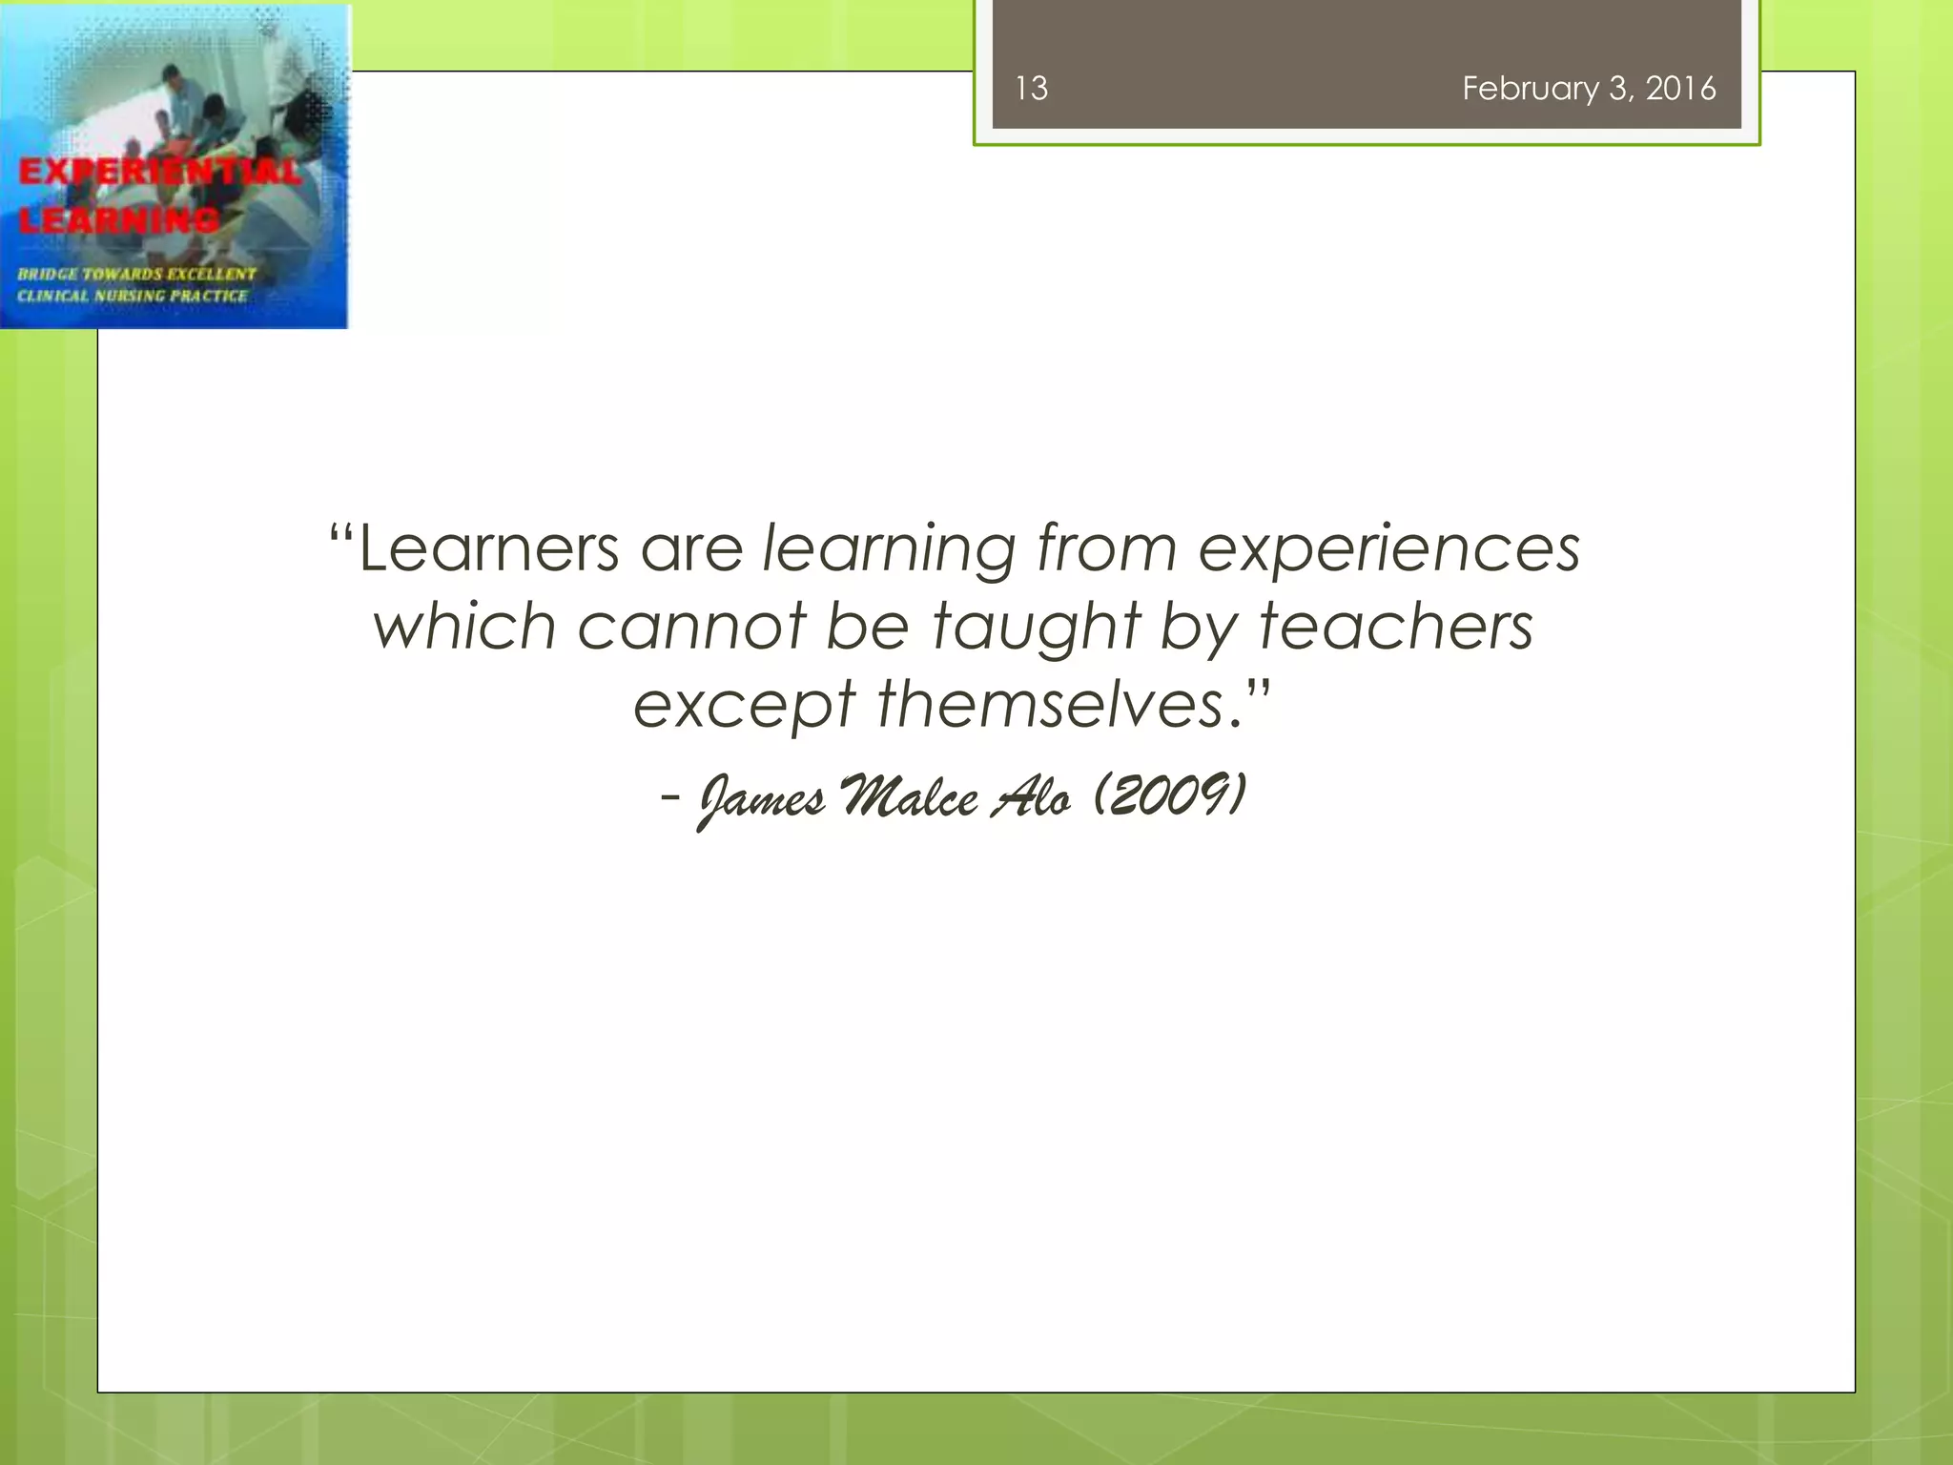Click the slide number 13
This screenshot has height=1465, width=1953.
coord(1031,89)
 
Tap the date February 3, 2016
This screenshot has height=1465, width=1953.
coord(1589,89)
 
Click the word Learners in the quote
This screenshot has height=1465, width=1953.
coord(488,549)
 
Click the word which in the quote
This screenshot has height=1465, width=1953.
coord(464,628)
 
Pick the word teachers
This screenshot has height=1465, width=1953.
coord(1396,628)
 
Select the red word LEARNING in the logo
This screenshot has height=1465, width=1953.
coord(119,220)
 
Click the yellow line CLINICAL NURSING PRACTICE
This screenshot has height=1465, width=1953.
coord(132,296)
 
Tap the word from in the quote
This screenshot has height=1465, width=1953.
coord(1107,549)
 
